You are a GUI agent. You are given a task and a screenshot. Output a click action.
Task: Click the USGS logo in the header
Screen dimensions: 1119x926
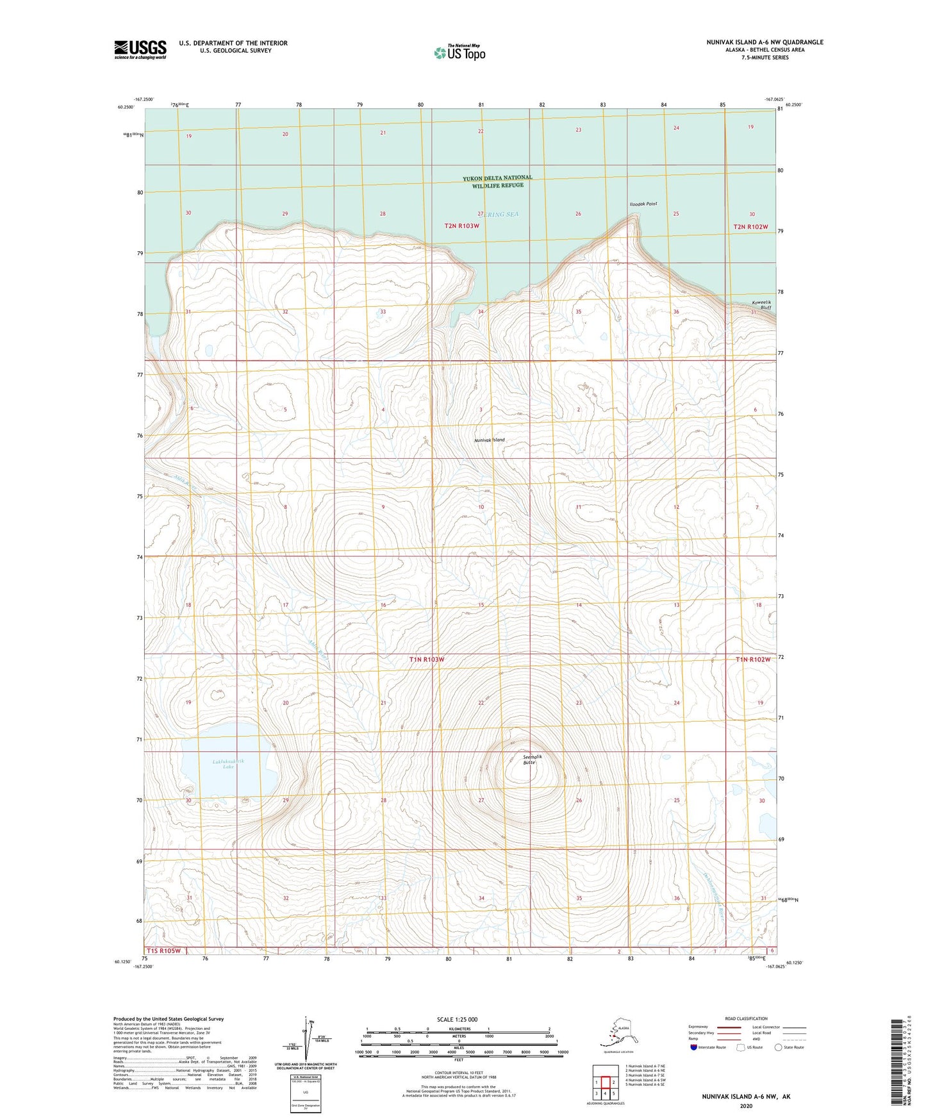click(140, 49)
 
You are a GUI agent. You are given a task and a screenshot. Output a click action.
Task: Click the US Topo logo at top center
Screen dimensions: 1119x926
click(459, 53)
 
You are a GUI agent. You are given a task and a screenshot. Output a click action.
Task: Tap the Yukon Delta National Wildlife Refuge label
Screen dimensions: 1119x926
click(497, 181)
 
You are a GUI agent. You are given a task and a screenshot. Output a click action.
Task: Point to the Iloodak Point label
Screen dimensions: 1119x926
click(643, 204)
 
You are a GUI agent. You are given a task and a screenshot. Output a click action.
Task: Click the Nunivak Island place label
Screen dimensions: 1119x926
click(489, 440)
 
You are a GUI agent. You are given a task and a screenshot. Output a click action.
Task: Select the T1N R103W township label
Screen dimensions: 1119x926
click(427, 659)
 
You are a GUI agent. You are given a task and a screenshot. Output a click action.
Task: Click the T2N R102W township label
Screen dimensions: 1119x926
click(750, 227)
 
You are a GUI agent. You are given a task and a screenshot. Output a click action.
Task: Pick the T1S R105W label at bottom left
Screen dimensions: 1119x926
click(164, 950)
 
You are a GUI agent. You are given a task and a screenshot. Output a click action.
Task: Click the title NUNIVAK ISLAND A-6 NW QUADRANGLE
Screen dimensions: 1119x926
click(765, 42)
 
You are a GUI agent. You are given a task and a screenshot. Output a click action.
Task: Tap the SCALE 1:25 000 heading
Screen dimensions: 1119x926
click(457, 1020)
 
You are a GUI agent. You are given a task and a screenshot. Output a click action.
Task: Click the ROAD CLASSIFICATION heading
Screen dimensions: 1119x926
click(746, 1018)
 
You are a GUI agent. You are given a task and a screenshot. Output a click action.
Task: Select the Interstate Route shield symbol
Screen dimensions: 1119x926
click(693, 1047)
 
